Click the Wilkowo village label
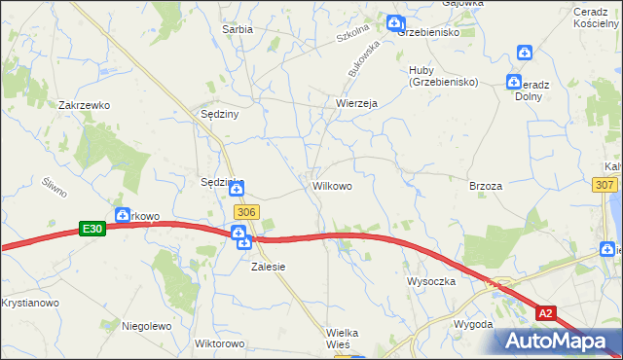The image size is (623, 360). [x=332, y=184]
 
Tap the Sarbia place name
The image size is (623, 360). [x=238, y=29]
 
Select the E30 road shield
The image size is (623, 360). [x=92, y=228]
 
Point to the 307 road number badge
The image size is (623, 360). [x=604, y=184]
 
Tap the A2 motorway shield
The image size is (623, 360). [x=548, y=312]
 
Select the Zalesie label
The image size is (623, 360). [x=270, y=266]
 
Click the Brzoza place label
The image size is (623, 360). [x=485, y=185]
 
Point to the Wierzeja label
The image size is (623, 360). [x=355, y=102]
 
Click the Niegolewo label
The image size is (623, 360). [x=146, y=326]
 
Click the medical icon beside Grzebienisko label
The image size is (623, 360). [x=393, y=22]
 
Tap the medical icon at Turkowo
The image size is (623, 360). [x=123, y=215]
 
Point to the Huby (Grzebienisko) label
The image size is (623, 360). [x=443, y=75]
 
